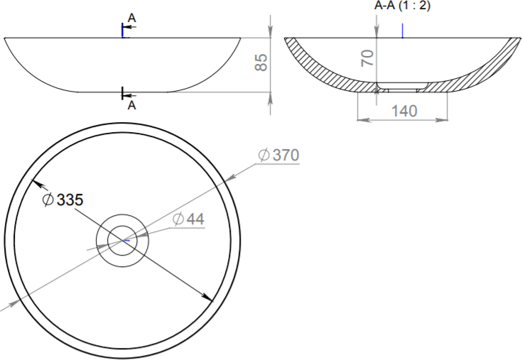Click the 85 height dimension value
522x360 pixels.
point(261,62)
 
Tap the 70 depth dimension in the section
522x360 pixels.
point(368,58)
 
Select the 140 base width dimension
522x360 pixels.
point(404,111)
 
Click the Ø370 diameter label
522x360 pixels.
point(278,155)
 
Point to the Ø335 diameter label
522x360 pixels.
point(63,200)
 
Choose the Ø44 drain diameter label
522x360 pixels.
point(188,219)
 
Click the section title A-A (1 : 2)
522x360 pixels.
point(402,5)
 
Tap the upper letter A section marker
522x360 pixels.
point(132,18)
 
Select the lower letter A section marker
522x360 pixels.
point(132,106)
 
